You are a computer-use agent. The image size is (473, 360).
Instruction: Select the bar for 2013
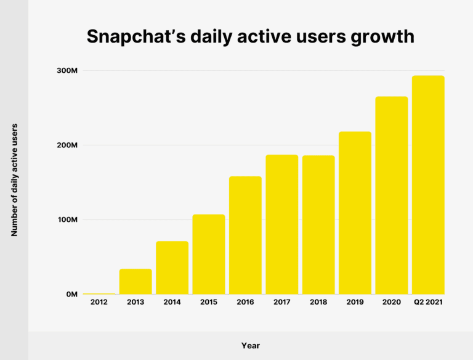(135, 282)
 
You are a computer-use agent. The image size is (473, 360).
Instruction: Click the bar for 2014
(172, 268)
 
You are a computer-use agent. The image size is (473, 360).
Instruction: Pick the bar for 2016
(245, 235)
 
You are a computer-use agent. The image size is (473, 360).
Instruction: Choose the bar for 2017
(281, 224)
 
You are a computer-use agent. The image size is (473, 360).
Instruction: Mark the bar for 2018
(318, 225)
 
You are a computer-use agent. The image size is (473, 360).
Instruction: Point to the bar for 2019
(355, 213)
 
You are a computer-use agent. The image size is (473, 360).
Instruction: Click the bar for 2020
(392, 195)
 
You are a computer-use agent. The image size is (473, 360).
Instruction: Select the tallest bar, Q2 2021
(428, 185)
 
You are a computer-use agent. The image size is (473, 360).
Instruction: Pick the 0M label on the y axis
(71, 295)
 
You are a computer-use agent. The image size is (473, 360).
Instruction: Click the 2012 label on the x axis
(99, 303)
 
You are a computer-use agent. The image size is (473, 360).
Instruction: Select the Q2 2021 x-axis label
(428, 303)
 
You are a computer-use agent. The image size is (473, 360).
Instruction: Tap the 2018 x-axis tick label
(318, 303)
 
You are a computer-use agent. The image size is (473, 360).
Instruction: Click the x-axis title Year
(251, 346)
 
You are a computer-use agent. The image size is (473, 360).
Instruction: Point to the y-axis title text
(15, 180)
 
